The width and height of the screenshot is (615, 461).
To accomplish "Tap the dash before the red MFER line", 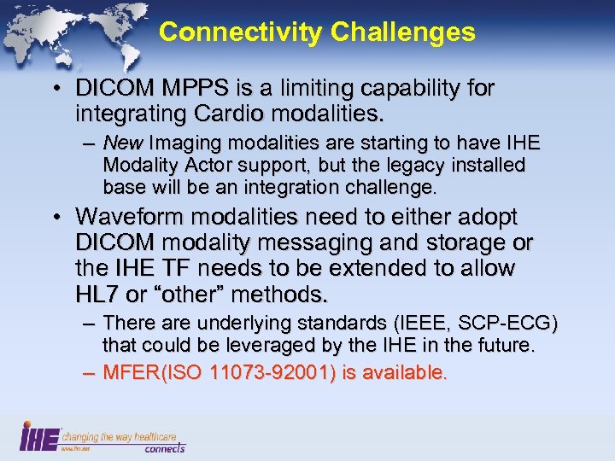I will coord(88,373).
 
